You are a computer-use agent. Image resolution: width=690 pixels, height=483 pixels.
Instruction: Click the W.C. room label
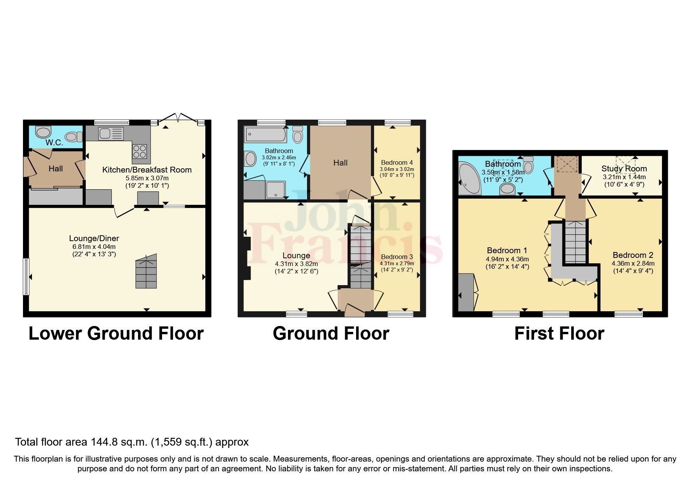click(54, 143)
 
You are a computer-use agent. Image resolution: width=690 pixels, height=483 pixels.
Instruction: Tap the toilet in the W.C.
click(73, 137)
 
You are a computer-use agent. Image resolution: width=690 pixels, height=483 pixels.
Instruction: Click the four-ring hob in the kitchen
click(140, 151)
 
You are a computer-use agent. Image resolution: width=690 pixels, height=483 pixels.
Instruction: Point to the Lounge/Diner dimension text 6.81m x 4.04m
click(94, 247)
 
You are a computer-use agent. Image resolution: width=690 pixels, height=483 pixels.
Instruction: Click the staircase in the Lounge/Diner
click(146, 271)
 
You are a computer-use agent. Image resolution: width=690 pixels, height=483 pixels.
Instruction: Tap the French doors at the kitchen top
click(178, 118)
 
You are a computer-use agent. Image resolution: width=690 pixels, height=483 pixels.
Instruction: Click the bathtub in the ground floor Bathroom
click(265, 135)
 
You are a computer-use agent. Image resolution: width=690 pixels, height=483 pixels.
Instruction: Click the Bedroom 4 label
click(397, 162)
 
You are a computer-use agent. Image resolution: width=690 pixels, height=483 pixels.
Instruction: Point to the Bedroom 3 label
click(397, 257)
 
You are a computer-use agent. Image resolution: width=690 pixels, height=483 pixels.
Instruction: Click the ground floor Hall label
click(340, 163)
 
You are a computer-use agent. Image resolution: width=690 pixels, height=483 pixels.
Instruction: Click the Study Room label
click(624, 169)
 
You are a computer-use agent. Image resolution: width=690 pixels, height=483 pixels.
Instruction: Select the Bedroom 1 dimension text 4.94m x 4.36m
click(507, 259)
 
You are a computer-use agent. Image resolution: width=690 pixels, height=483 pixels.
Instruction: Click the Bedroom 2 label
click(633, 255)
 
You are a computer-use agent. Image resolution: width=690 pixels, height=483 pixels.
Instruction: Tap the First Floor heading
click(559, 333)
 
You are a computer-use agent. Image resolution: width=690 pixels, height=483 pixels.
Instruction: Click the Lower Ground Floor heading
click(116, 333)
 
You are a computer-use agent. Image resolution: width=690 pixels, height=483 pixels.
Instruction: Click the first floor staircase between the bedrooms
click(575, 241)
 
